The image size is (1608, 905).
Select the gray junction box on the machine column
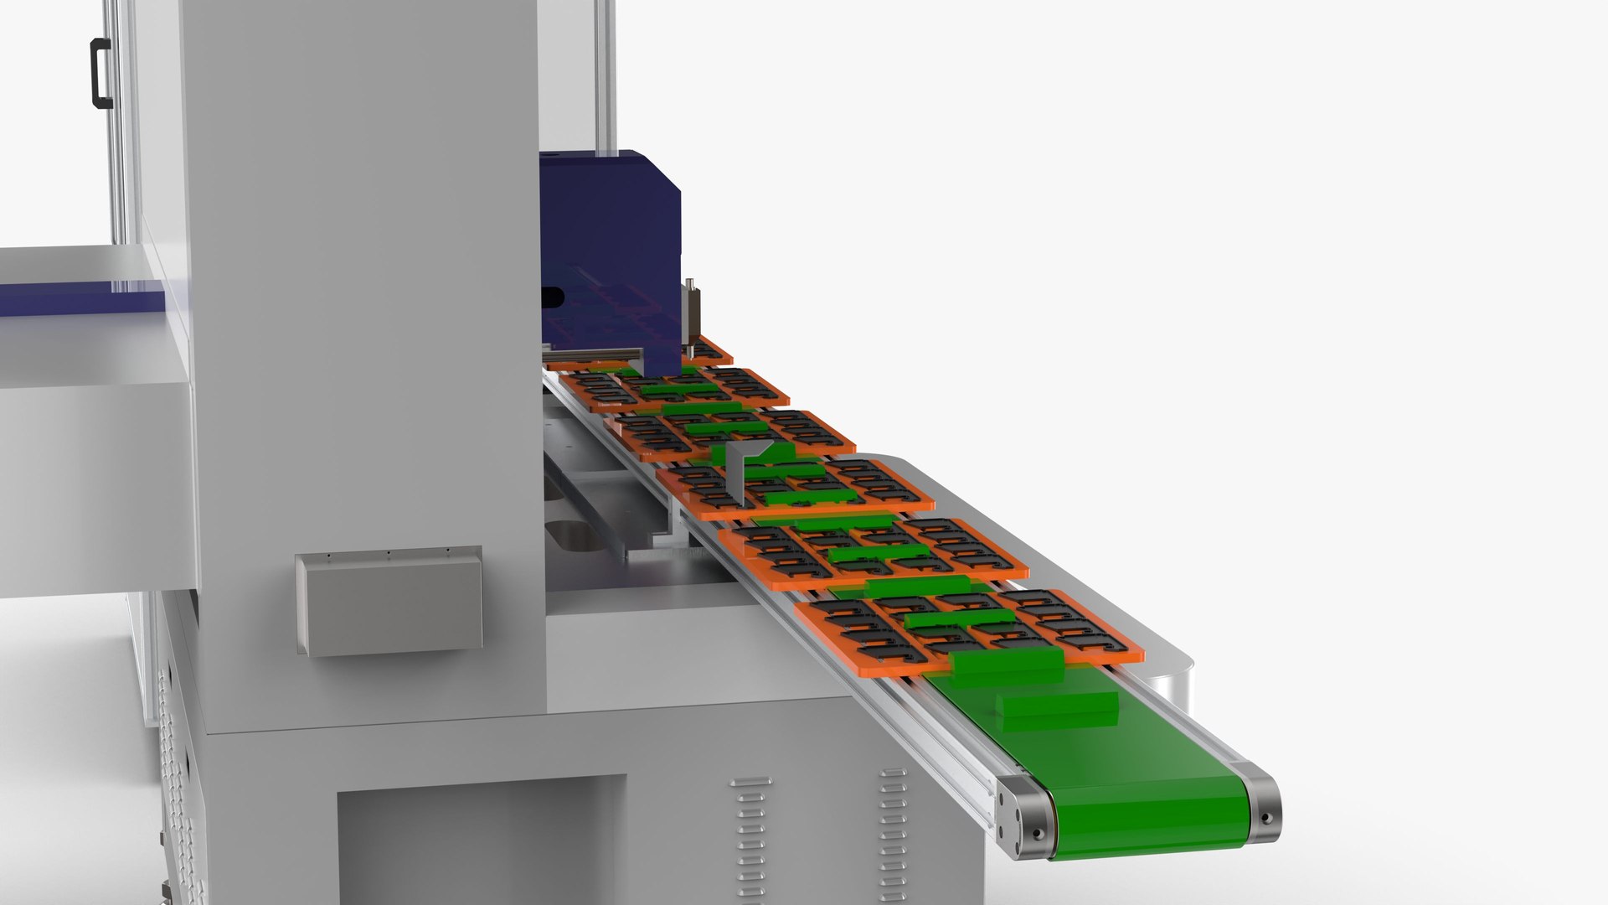[389, 601]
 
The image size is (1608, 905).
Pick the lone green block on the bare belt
[1057, 707]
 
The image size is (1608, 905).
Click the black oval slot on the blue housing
[552, 296]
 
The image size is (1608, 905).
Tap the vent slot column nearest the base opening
[750, 838]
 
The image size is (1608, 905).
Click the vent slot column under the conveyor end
[893, 830]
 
